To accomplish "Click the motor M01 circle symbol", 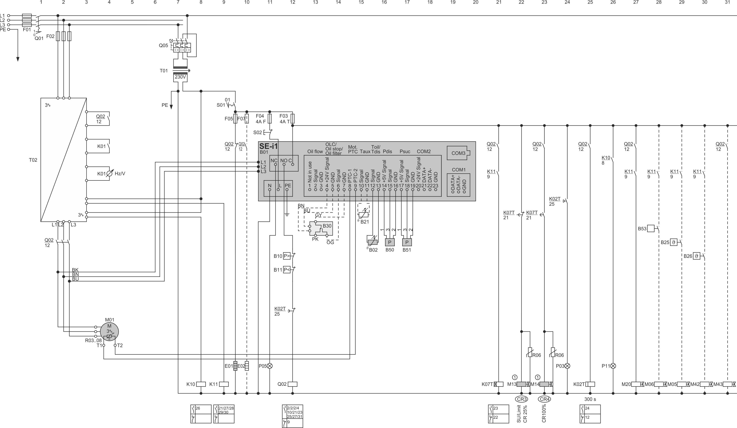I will [109, 331].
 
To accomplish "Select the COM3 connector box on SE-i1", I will [458, 153].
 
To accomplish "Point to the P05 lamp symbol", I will [270, 366].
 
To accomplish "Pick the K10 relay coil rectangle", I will [201, 384].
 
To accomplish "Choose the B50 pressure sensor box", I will [390, 242].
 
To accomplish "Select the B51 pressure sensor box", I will [407, 242].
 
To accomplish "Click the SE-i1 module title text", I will [268, 146].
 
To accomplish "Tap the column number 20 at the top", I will [476, 2].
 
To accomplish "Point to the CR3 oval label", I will [521, 399].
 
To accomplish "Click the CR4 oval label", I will [544, 399].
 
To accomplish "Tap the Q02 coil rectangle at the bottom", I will [293, 384].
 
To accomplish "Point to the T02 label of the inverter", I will [33, 160].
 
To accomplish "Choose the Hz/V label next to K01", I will [120, 173].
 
